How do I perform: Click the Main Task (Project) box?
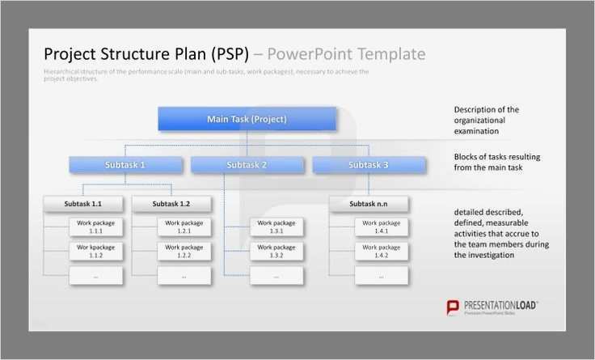coord(247,119)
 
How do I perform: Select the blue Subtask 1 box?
coord(125,165)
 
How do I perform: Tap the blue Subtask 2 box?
coord(247,165)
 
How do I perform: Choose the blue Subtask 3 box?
coord(369,165)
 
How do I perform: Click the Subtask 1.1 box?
coord(82,204)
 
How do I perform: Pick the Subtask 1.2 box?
coord(171,204)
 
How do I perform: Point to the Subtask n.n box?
coord(369,204)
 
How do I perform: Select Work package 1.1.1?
coord(95,227)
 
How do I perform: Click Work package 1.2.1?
coord(184,227)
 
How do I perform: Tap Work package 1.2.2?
coord(184,251)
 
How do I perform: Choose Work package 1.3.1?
coord(276,227)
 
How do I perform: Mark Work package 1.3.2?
coord(276,251)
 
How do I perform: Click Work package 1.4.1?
coord(381,227)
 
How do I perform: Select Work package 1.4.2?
coord(381,251)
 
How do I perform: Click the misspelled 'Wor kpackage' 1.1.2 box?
coord(95,251)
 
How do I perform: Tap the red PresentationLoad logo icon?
coord(453,307)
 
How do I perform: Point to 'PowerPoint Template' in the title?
coord(345,54)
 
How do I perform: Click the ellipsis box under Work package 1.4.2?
coord(381,276)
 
